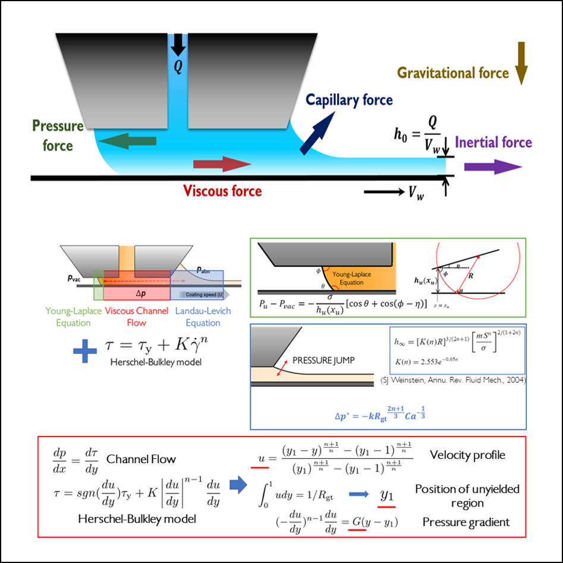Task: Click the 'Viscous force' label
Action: click(222, 191)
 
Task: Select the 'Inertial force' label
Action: click(493, 142)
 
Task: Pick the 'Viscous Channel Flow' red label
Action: click(136, 317)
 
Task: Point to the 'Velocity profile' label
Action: click(467, 455)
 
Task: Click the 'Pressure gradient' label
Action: click(466, 522)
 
